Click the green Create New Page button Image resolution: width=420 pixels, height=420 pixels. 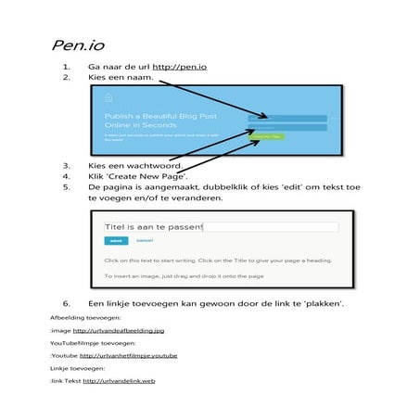point(267,135)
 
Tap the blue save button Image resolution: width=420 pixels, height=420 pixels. point(116,240)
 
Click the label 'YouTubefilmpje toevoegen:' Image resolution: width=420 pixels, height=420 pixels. point(85,342)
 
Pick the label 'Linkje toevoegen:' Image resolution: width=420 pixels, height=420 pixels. point(72,368)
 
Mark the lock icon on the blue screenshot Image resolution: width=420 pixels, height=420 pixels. point(108,95)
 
